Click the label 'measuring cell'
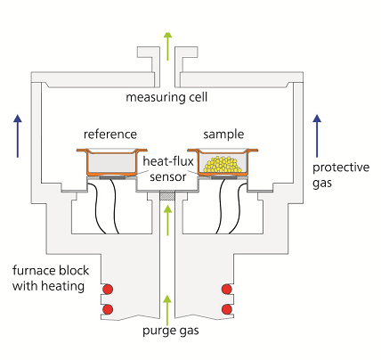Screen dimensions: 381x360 (x=166, y=97)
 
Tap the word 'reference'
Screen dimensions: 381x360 (x=110, y=135)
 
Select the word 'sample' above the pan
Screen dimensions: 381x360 (x=223, y=135)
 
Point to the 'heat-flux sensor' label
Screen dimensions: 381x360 (x=168, y=168)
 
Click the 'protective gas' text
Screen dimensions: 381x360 (x=341, y=175)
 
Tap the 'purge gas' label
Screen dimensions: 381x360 (x=171, y=331)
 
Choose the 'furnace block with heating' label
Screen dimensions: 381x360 (x=51, y=278)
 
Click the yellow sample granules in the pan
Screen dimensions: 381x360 (x=222, y=164)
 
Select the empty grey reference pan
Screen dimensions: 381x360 (x=112, y=163)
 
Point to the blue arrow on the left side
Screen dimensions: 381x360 (x=18, y=135)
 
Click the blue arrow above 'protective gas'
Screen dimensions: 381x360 (x=317, y=135)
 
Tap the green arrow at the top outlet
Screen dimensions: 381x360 (x=168, y=46)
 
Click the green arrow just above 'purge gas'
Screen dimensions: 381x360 (x=168, y=310)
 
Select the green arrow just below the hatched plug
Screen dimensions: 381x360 (x=168, y=220)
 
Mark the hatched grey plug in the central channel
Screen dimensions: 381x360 (x=167, y=196)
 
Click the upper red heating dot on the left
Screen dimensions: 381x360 (x=108, y=289)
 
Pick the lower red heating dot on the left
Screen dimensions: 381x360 (x=108, y=309)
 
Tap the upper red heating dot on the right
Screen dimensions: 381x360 (x=227, y=289)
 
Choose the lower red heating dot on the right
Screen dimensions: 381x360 (x=227, y=309)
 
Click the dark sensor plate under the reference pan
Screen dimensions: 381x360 (x=112, y=177)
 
